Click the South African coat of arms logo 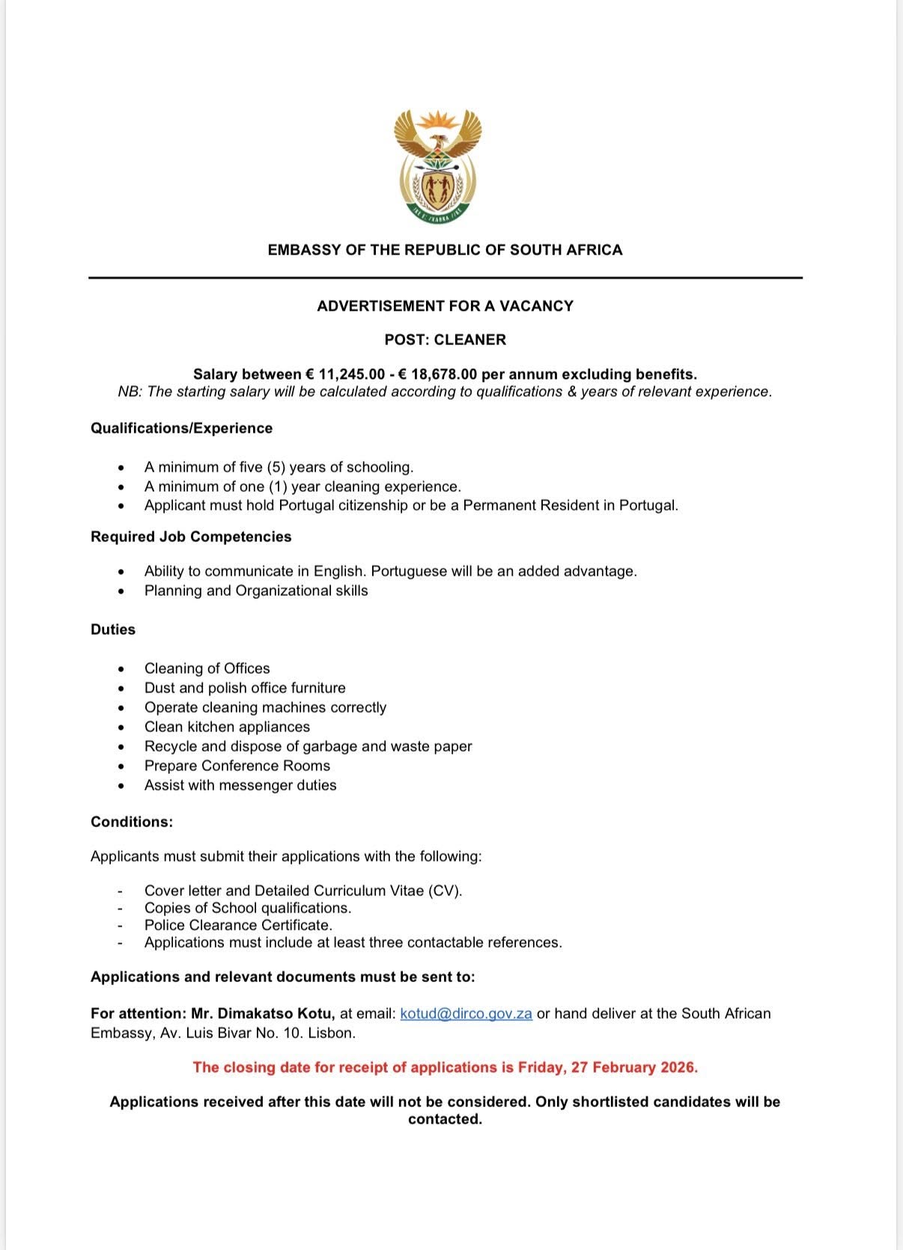pyautogui.click(x=438, y=165)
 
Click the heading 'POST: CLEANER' pyautogui.click(x=445, y=340)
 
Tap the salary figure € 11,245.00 pyautogui.click(x=345, y=374)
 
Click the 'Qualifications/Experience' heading pyautogui.click(x=181, y=428)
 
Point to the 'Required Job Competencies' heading pyautogui.click(x=191, y=537)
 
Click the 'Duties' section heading pyautogui.click(x=113, y=629)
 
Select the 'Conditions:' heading pyautogui.click(x=132, y=822)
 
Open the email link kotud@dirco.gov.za pyautogui.click(x=466, y=1013)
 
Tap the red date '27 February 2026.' pyautogui.click(x=634, y=1067)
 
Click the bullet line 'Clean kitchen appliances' pyautogui.click(x=227, y=727)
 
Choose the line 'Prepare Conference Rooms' pyautogui.click(x=237, y=766)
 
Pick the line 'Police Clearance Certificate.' pyautogui.click(x=238, y=925)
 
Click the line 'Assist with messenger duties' pyautogui.click(x=240, y=785)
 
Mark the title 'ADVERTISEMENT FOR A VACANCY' pyautogui.click(x=445, y=306)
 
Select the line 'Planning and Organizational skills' pyautogui.click(x=256, y=591)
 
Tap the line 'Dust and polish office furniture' pyautogui.click(x=245, y=688)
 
